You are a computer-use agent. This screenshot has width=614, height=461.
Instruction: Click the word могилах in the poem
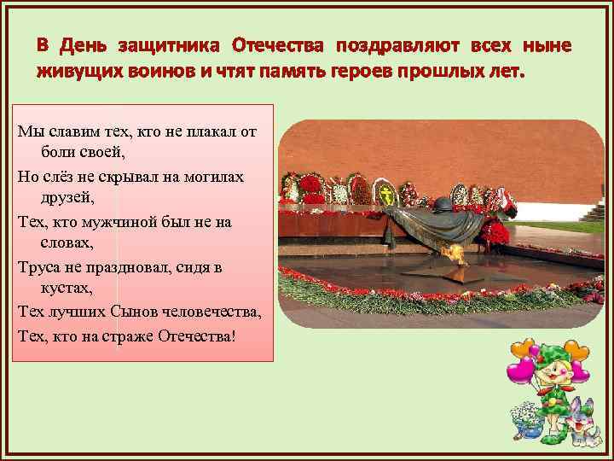click(216, 176)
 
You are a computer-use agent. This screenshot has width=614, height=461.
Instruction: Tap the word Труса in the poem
click(37, 266)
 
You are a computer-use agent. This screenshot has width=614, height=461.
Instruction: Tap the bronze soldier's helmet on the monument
click(443, 206)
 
